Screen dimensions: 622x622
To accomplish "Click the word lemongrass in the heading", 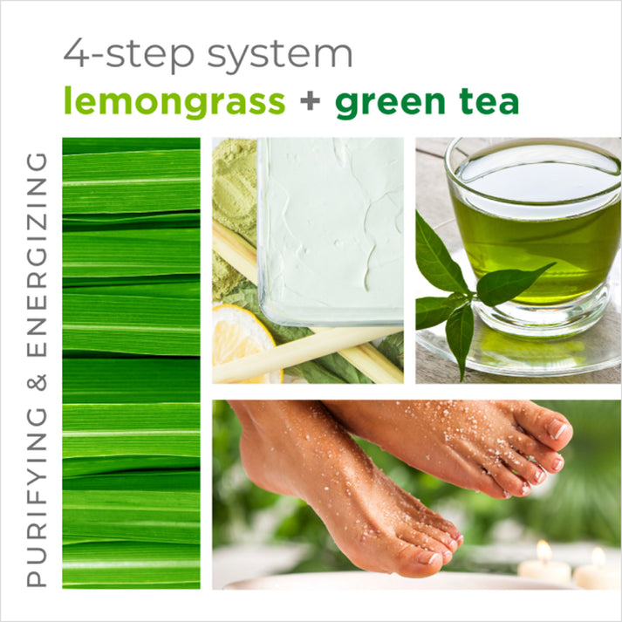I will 174,103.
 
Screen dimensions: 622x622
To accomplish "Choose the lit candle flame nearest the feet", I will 543,551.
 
